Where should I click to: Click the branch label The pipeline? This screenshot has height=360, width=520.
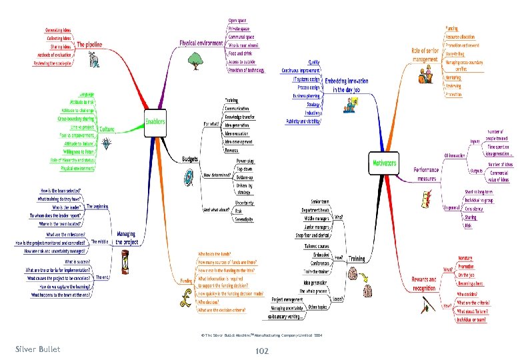(x=90, y=44)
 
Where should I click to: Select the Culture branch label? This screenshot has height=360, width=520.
(x=106, y=128)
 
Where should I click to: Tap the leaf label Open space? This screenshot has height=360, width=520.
(x=239, y=21)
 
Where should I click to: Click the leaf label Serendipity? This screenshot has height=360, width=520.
(x=246, y=219)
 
